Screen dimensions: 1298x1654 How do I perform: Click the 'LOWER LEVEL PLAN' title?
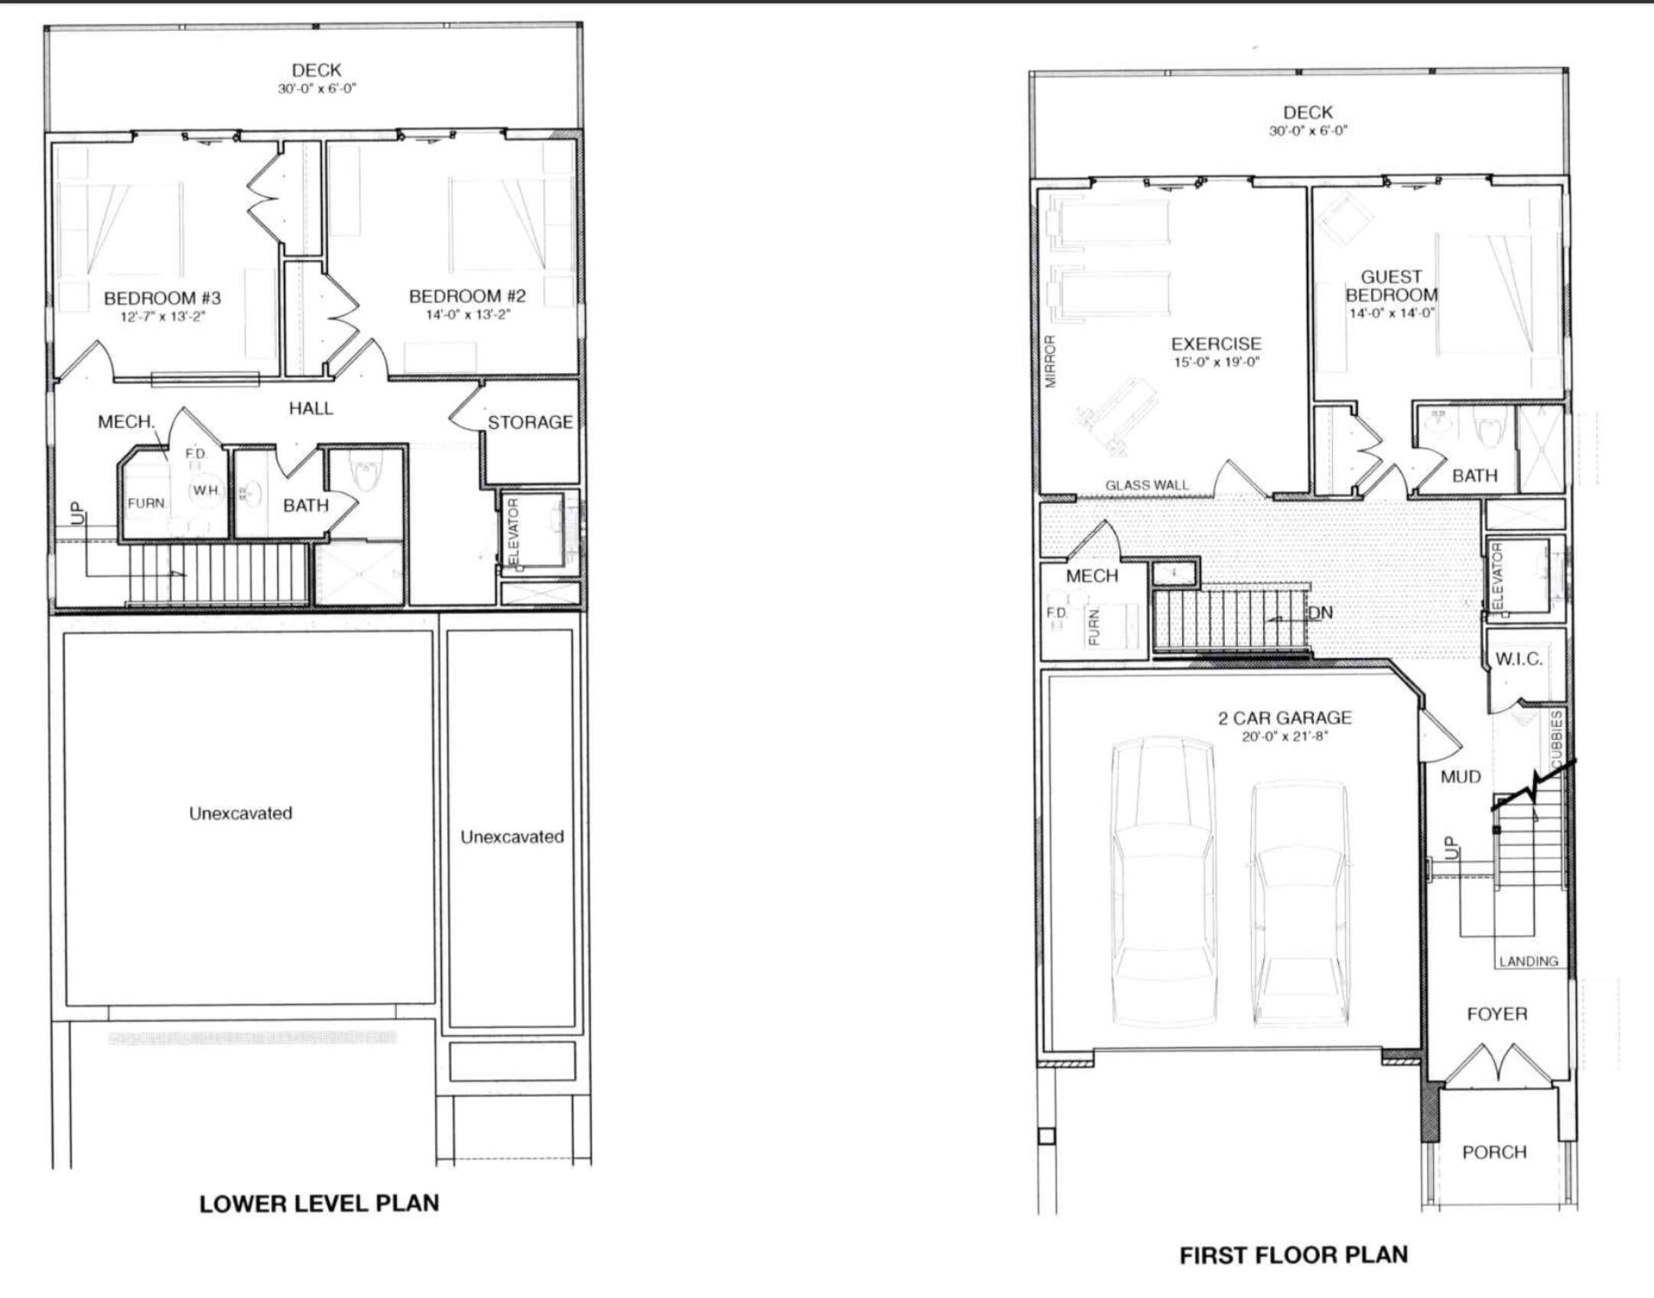click(x=319, y=1203)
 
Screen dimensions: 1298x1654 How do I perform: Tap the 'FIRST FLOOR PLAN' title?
click(x=1293, y=1255)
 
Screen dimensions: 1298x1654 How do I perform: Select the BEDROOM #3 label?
click(x=162, y=297)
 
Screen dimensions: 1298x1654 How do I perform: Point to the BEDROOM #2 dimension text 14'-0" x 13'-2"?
click(x=467, y=314)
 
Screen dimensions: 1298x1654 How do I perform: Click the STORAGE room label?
click(x=530, y=422)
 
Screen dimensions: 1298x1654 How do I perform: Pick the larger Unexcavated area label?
click(x=241, y=813)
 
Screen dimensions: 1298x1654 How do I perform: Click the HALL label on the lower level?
click(x=310, y=408)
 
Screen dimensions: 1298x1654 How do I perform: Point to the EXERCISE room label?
click(x=1216, y=344)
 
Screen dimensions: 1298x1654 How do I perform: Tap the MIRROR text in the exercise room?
click(x=1051, y=362)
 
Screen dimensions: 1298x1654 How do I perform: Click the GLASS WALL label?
click(x=1146, y=485)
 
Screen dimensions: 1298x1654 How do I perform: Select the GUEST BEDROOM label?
click(x=1391, y=286)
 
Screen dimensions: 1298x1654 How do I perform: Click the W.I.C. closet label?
click(x=1519, y=659)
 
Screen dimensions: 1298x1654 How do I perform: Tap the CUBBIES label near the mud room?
click(x=1557, y=738)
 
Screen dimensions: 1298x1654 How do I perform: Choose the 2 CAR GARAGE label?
click(x=1285, y=718)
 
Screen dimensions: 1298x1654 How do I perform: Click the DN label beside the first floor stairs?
click(x=1320, y=613)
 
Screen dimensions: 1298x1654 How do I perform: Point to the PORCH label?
click(x=1494, y=1152)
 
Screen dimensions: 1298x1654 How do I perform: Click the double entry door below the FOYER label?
click(x=1497, y=1063)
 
